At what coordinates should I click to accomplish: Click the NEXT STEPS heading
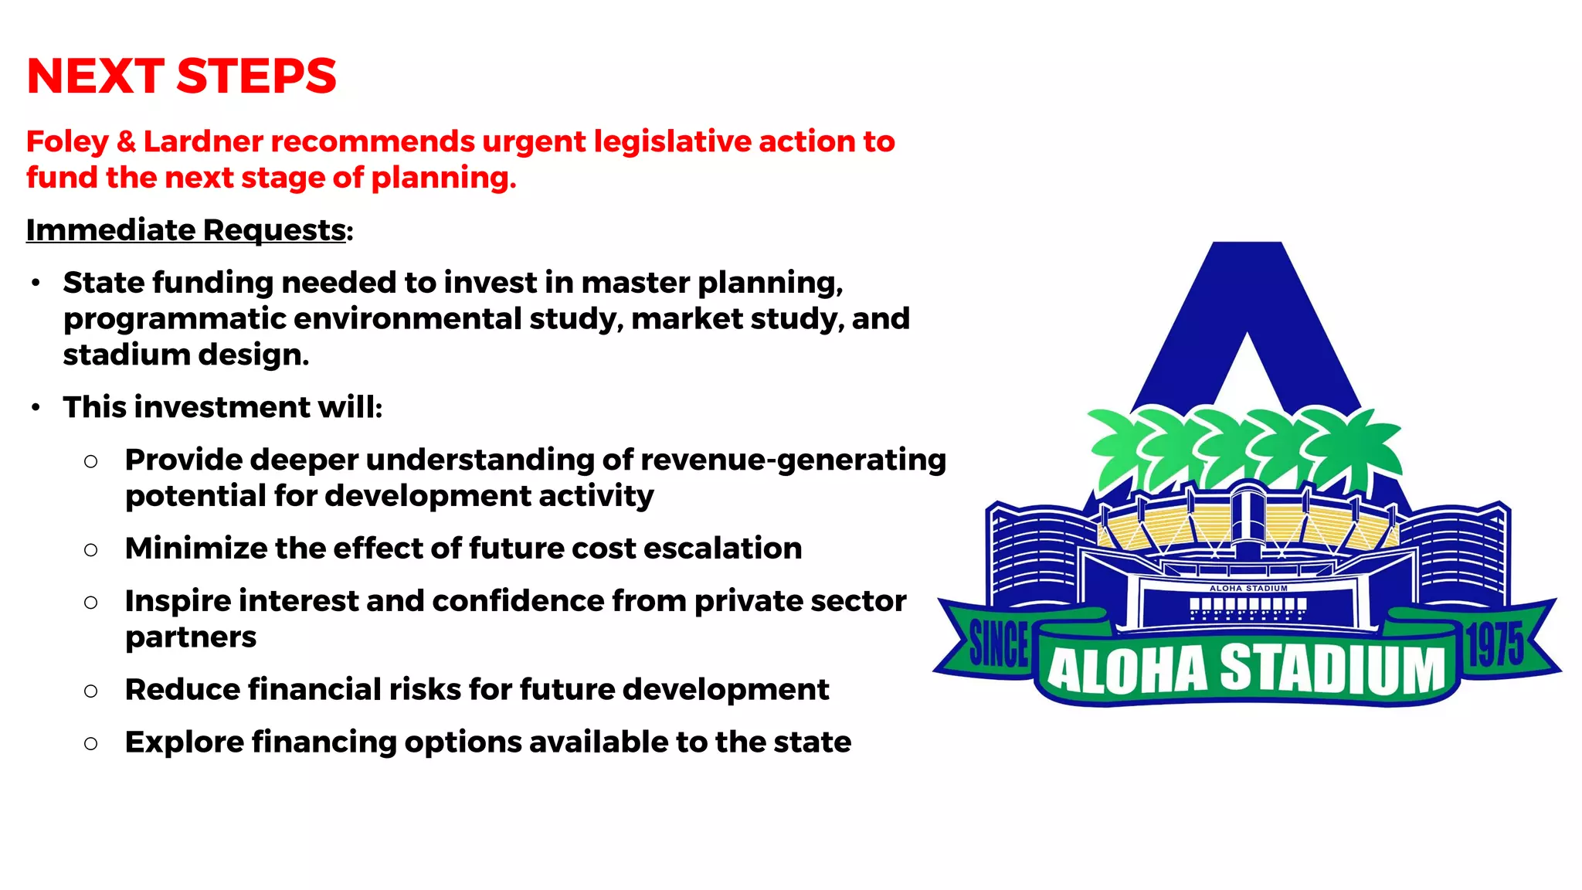[182, 76]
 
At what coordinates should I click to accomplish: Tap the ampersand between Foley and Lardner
[127, 142]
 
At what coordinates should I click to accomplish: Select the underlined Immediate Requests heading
[186, 230]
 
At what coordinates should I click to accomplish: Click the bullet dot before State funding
[36, 284]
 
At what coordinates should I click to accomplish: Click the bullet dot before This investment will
[36, 408]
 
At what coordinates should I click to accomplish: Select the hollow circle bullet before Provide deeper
[91, 461]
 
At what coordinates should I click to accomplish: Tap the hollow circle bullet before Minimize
[91, 550]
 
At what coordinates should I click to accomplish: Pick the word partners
[191, 637]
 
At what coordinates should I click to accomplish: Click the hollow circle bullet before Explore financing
[91, 743]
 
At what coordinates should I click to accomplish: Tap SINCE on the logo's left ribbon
[998, 644]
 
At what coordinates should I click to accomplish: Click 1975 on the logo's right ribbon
[1495, 644]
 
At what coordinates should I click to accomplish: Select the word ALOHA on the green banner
[1127, 670]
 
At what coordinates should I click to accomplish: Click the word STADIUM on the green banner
[1332, 669]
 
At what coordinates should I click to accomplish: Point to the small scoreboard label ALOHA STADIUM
[1248, 589]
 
